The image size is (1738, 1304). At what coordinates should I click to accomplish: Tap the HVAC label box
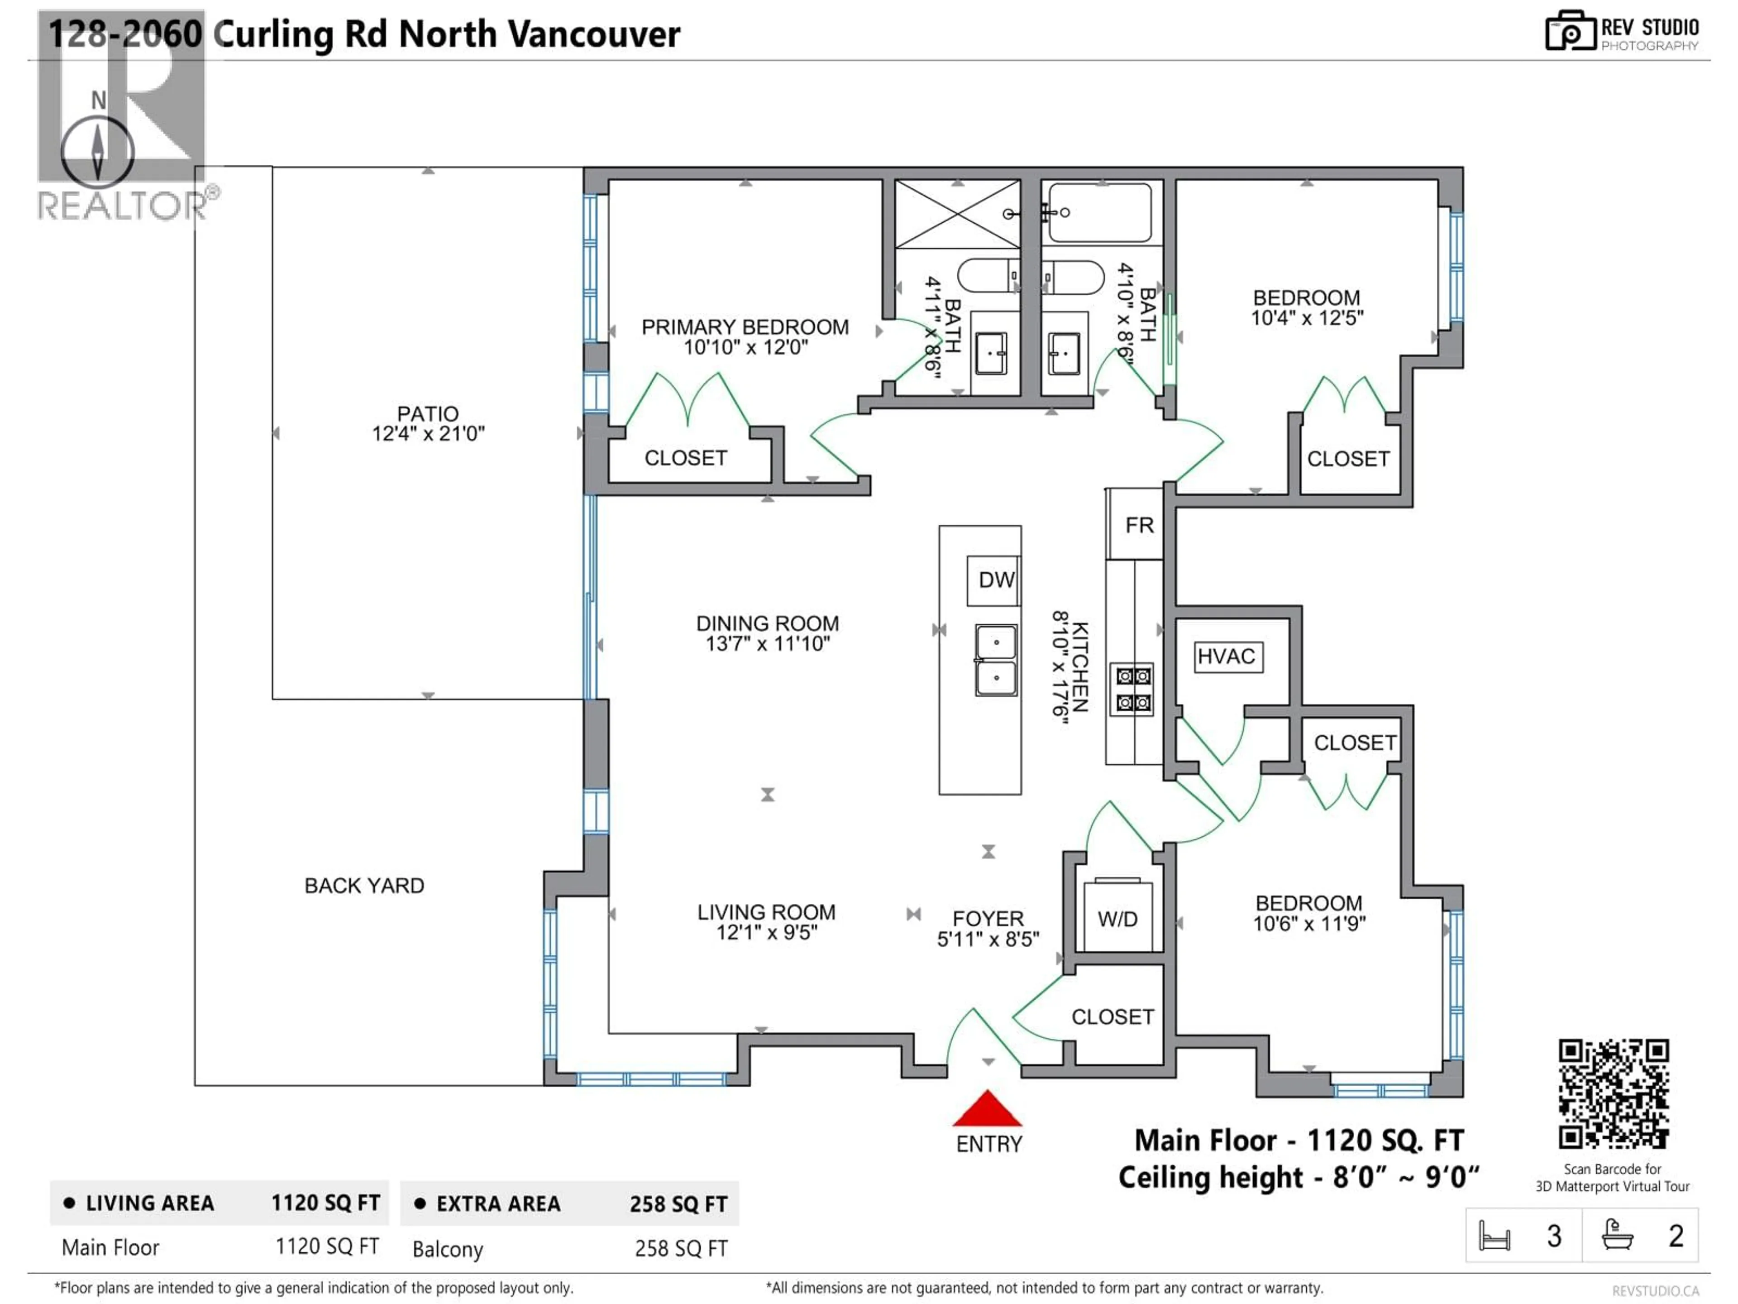pyautogui.click(x=1228, y=657)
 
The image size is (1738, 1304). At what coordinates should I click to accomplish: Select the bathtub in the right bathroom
pyautogui.click(x=1100, y=212)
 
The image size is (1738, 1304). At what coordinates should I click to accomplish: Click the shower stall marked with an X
pyautogui.click(x=957, y=214)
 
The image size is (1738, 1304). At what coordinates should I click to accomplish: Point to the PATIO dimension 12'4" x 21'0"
pyautogui.click(x=428, y=434)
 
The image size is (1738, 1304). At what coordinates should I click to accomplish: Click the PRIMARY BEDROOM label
pyautogui.click(x=745, y=327)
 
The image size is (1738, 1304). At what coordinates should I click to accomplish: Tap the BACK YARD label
pyautogui.click(x=364, y=886)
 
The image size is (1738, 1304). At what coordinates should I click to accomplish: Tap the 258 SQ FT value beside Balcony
pyautogui.click(x=680, y=1248)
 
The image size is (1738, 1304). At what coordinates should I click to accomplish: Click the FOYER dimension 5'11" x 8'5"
pyautogui.click(x=988, y=940)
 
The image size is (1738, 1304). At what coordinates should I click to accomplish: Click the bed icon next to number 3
pyautogui.click(x=1494, y=1236)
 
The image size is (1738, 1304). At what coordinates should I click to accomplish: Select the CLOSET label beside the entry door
pyautogui.click(x=1112, y=1016)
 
